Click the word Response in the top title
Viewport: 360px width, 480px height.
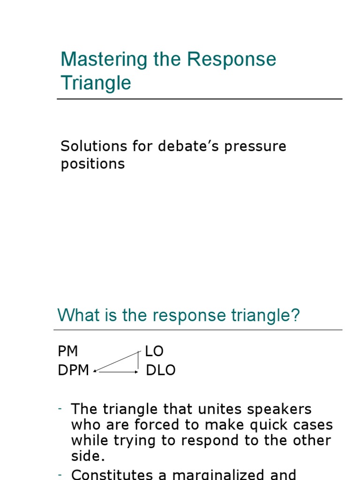(x=232, y=60)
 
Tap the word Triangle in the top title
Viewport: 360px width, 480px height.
(x=96, y=83)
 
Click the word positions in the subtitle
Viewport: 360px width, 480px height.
(x=93, y=164)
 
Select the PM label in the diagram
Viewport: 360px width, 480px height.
(x=68, y=351)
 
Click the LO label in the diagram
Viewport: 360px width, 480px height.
(x=154, y=351)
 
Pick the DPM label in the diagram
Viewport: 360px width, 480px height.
(x=74, y=370)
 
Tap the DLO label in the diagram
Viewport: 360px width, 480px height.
(x=161, y=370)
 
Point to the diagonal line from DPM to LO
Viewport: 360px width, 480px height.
(x=116, y=362)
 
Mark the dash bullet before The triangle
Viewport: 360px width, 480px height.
(x=60, y=409)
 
